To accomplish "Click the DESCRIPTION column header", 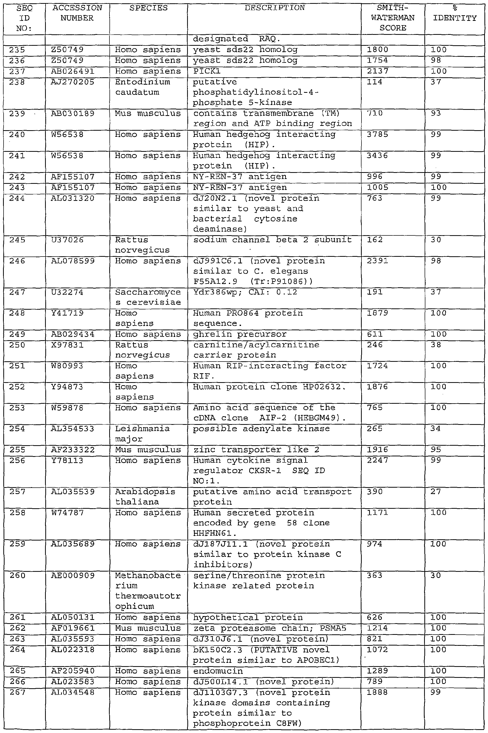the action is [x=274, y=8].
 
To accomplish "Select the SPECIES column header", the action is [x=148, y=8].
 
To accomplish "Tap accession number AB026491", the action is [x=72, y=71].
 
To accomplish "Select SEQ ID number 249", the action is [x=17, y=334].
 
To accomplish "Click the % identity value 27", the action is [x=436, y=491].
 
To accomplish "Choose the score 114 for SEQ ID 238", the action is [x=374, y=82].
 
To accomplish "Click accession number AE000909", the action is [x=73, y=575].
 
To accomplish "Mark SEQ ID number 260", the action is [x=17, y=575].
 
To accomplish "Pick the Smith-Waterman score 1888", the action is [x=377, y=692].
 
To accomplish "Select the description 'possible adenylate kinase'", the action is [x=261, y=429].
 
